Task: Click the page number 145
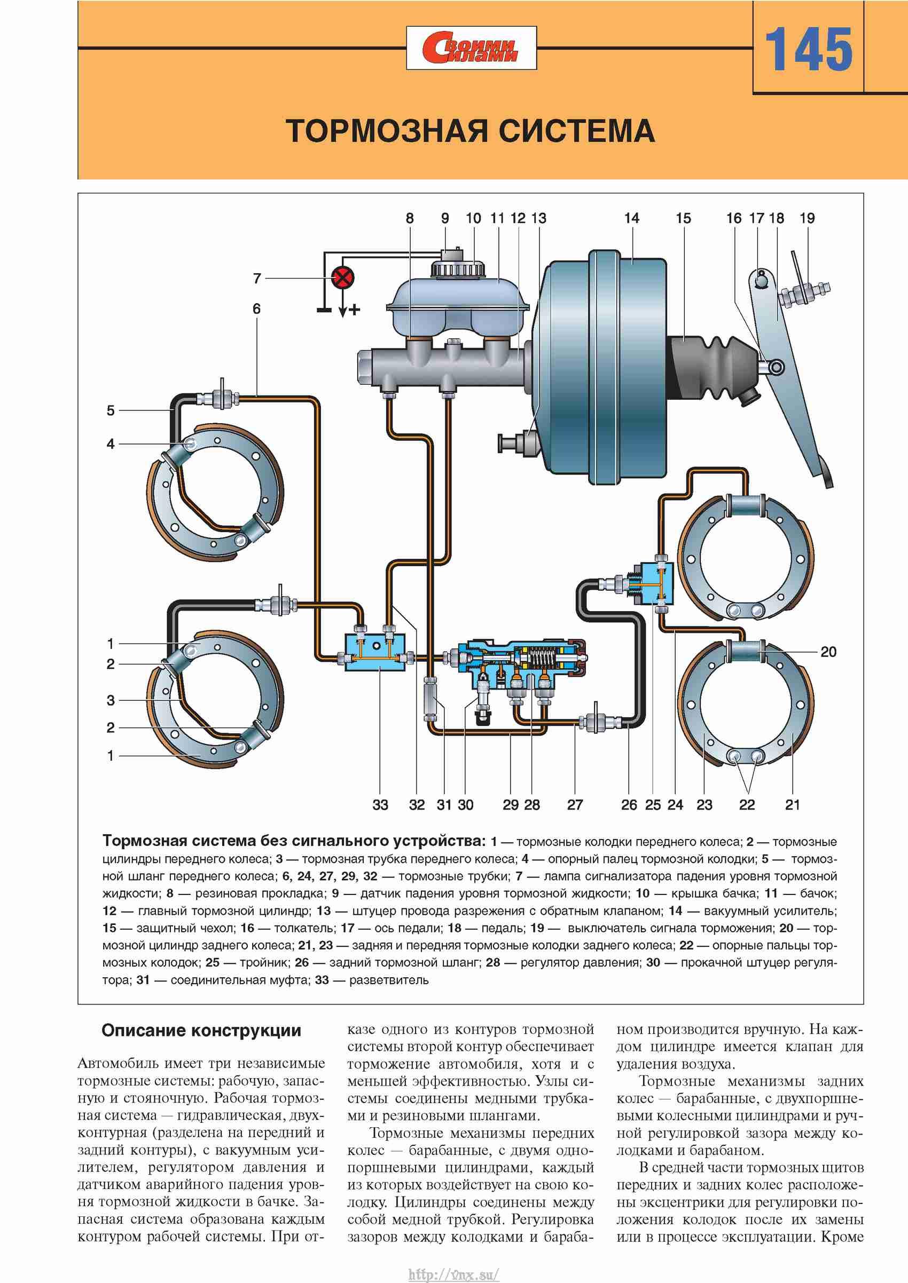coord(808,50)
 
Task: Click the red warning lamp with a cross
coord(343,278)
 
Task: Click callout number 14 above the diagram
coord(631,218)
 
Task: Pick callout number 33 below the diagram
coord(380,805)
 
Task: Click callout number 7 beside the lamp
coord(257,278)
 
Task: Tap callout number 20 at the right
coord(828,652)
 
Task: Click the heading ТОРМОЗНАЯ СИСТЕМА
coord(470,131)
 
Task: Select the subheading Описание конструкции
coord(201,1031)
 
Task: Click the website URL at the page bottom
coord(453,1270)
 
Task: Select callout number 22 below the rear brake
coord(746,805)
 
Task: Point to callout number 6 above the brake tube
coord(256,308)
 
